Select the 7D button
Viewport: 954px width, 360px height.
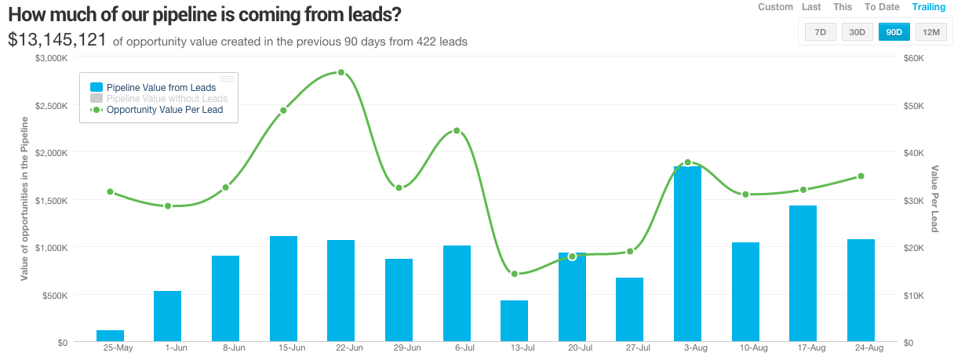point(821,32)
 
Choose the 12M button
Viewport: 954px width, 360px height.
point(931,32)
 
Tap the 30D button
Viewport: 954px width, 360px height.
point(858,32)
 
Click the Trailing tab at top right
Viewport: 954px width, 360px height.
point(929,7)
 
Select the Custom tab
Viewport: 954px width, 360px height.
point(775,7)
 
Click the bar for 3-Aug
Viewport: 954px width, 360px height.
point(688,254)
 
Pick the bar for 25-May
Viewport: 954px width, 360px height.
point(110,336)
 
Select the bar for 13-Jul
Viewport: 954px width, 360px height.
point(515,321)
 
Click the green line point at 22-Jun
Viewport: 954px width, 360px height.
point(341,72)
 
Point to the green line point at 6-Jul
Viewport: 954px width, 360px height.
point(457,131)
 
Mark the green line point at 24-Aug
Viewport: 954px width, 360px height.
point(861,176)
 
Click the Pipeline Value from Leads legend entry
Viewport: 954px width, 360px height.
point(160,87)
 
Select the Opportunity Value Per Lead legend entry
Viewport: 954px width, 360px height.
point(164,110)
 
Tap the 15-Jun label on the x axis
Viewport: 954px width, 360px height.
point(283,347)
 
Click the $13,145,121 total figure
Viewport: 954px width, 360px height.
point(57,40)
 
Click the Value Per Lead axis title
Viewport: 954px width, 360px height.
point(935,198)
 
